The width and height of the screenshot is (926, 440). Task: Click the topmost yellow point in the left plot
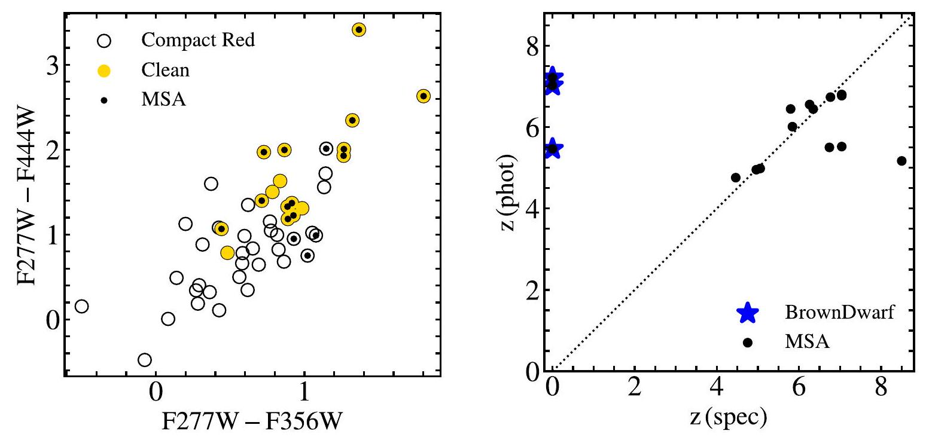[359, 30]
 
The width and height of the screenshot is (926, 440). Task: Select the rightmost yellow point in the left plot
[424, 96]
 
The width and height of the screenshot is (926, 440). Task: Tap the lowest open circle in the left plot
[144, 360]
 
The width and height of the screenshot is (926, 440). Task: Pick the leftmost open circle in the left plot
[81, 306]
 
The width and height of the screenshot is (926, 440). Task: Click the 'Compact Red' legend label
[198, 41]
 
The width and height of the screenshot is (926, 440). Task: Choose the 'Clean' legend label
[165, 70]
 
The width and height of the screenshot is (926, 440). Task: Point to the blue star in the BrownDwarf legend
[747, 313]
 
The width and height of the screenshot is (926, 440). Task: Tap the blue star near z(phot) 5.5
[553, 148]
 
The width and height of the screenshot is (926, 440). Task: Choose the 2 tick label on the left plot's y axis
[54, 150]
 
